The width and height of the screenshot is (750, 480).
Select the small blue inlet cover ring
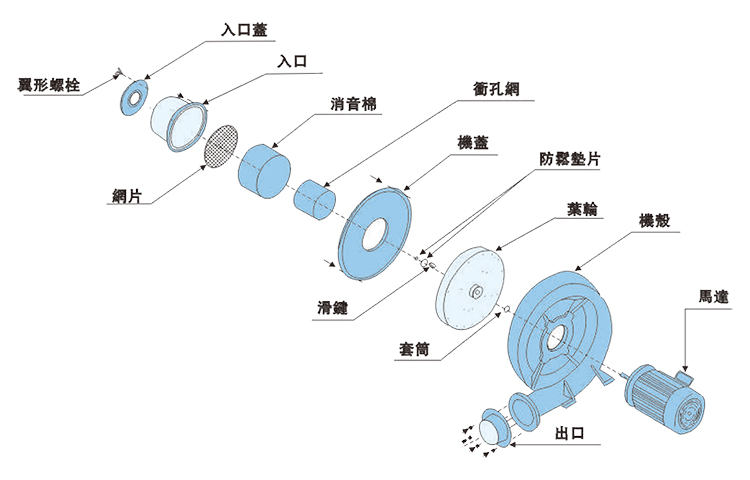132,97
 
